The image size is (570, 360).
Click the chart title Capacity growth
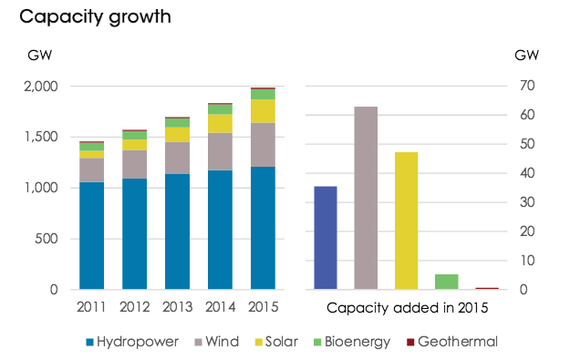(x=95, y=17)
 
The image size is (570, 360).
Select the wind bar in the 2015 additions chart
(x=366, y=198)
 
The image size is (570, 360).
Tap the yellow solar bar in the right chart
(x=407, y=221)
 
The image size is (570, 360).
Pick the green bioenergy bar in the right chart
(x=447, y=282)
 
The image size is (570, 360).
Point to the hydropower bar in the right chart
(x=326, y=238)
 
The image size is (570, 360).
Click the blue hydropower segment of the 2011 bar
(x=91, y=236)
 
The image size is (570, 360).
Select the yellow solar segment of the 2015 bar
(x=263, y=111)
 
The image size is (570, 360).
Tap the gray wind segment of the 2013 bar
(x=178, y=158)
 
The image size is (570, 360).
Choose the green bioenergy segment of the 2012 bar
(x=134, y=135)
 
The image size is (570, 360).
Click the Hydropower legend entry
(x=132, y=342)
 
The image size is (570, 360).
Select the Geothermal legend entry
(x=452, y=342)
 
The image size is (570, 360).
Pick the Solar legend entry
(x=276, y=342)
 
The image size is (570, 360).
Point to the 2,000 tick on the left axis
(x=41, y=87)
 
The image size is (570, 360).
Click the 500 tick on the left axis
(x=47, y=239)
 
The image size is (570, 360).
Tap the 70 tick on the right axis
(x=527, y=86)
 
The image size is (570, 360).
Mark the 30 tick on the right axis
(x=527, y=202)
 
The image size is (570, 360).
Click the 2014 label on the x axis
(x=221, y=307)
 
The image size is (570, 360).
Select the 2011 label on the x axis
(x=91, y=307)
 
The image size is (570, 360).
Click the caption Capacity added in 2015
(x=407, y=308)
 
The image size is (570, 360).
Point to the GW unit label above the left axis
(x=39, y=56)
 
